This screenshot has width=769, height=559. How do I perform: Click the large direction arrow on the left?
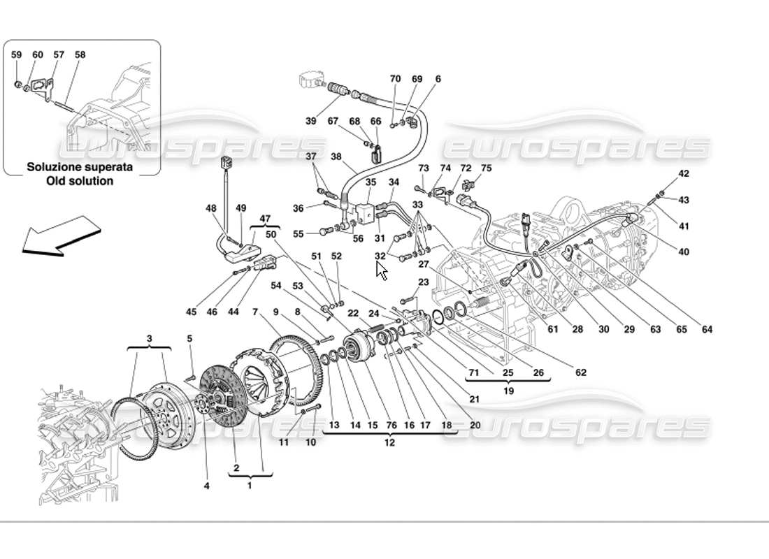tap(59, 235)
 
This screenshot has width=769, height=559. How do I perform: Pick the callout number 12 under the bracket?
tap(389, 442)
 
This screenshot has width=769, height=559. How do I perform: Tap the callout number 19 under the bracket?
tap(508, 391)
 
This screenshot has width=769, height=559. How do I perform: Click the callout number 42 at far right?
tap(684, 173)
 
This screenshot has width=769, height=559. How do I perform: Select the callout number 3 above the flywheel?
tap(149, 338)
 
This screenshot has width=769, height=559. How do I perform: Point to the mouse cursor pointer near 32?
tap(381, 270)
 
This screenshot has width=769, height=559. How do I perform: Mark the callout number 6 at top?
tap(438, 80)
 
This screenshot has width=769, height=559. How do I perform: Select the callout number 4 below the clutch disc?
tap(207, 486)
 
